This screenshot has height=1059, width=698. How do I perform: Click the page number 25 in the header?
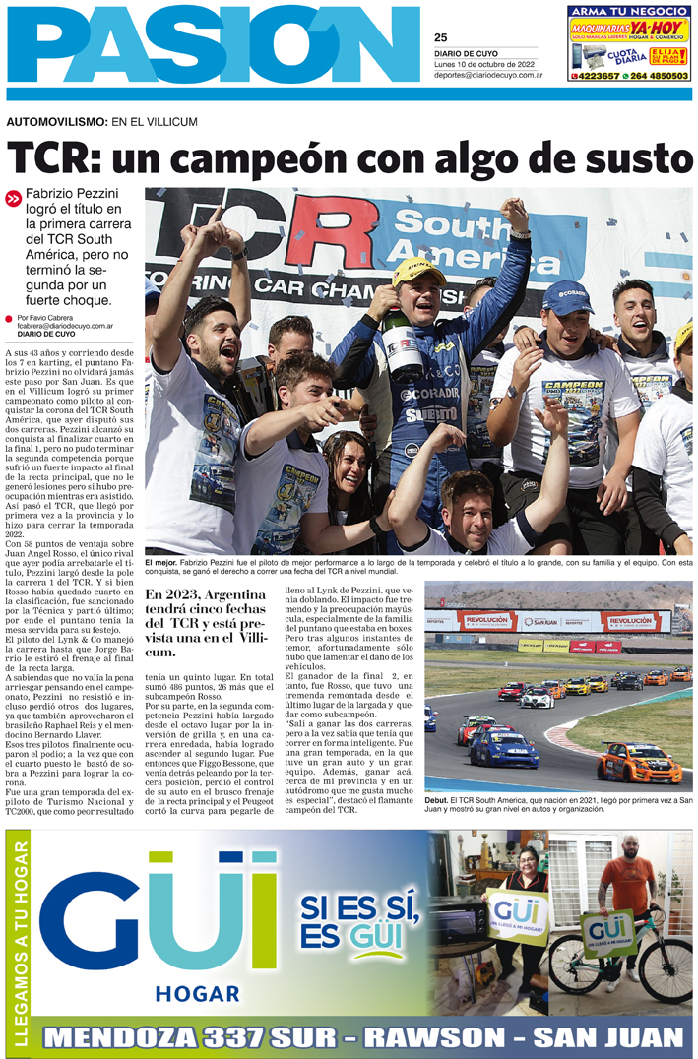[440, 38]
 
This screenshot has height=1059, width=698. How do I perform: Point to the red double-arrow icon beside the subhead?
[13, 198]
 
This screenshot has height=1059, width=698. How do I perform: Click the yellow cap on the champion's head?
[418, 271]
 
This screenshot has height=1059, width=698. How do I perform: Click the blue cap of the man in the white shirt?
[568, 296]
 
